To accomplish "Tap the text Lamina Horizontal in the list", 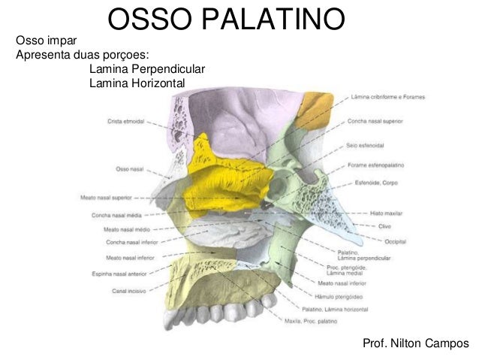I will (136, 83).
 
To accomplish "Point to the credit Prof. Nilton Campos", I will (415, 343).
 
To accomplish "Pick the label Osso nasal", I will (130, 169).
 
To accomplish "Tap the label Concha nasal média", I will (113, 215).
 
